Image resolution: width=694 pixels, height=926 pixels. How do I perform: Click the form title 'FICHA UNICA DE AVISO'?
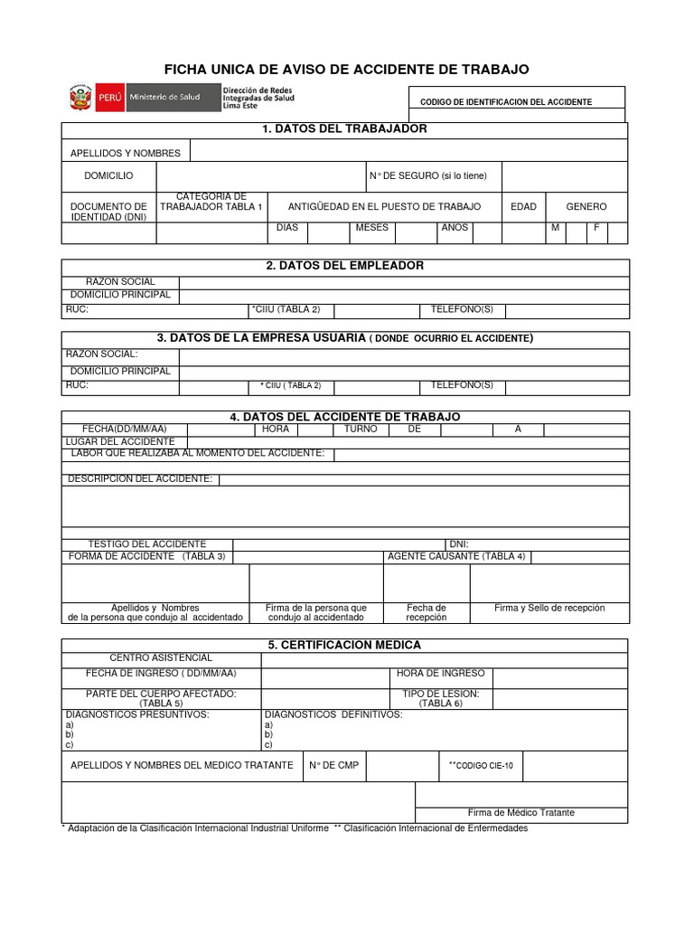[346, 70]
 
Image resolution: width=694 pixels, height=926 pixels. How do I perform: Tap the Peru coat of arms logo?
[80, 98]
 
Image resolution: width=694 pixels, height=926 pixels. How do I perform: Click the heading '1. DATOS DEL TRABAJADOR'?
[344, 129]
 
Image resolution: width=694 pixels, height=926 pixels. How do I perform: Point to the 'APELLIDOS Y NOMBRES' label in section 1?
[126, 153]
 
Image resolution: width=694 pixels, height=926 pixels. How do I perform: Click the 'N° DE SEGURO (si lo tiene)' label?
[427, 175]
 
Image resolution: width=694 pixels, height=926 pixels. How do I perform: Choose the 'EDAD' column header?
[523, 207]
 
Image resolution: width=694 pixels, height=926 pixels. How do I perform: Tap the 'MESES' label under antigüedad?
[371, 228]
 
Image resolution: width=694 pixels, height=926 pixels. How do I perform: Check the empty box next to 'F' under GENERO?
[617, 232]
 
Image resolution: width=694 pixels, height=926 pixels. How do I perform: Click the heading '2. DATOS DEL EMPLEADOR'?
[344, 266]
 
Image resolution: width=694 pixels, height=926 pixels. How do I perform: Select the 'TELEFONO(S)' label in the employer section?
[462, 310]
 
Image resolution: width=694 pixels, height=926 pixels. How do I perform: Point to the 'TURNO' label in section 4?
[361, 429]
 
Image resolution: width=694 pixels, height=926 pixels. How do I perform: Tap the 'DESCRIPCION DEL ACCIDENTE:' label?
[140, 478]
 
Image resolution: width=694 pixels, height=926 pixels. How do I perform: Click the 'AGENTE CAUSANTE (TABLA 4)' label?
[456, 556]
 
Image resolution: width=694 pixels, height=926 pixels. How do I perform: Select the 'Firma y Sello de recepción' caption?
[549, 609]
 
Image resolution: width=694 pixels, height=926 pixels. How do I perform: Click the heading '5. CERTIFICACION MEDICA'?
[344, 645]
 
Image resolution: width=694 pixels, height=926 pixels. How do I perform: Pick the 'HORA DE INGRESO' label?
[440, 673]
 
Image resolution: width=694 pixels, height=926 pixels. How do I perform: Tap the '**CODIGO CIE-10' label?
[481, 766]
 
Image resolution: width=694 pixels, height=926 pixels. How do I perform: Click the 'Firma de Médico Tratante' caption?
[520, 813]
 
